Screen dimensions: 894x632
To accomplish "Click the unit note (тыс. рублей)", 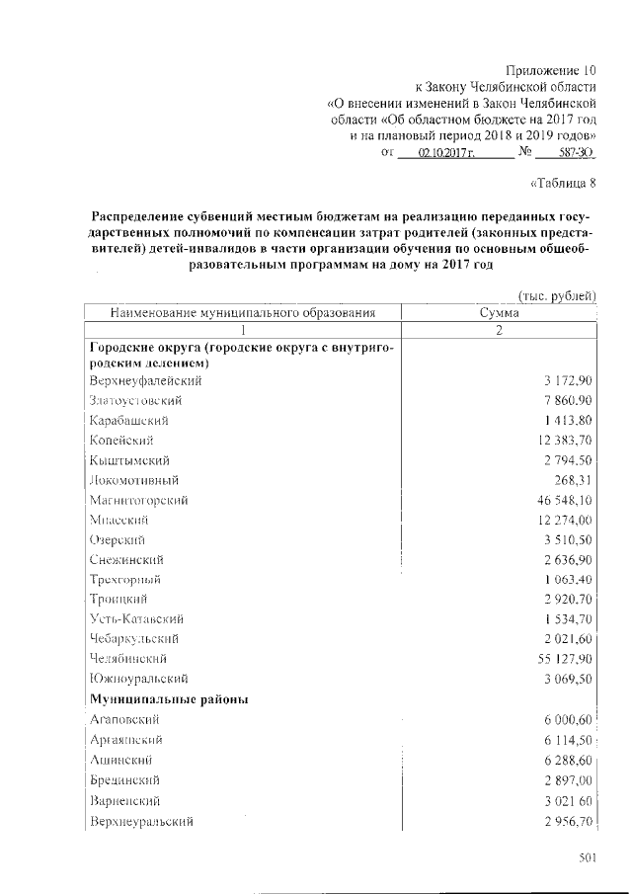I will [558, 295].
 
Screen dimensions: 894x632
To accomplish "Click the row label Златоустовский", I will [135, 401].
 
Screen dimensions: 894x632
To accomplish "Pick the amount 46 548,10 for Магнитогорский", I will [558, 501].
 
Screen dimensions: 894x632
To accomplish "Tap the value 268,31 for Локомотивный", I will [570, 481].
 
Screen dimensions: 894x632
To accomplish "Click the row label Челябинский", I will [127, 658].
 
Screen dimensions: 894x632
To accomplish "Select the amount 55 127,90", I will [558, 658].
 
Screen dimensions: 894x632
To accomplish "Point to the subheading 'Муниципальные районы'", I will [168, 699].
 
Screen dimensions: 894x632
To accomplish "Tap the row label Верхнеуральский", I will [141, 821].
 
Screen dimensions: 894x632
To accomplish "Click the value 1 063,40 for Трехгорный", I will [564, 579].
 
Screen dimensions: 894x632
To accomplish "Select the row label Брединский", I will [124, 780].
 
